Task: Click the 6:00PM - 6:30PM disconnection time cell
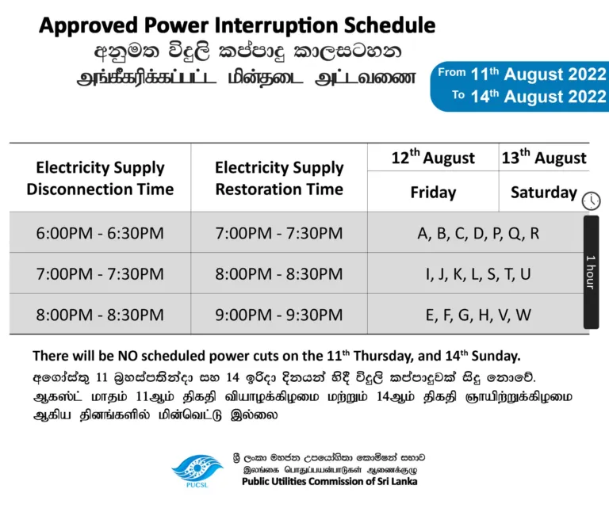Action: coord(100,233)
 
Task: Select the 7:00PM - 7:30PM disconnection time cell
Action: coord(100,274)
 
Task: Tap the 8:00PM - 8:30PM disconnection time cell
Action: coord(100,315)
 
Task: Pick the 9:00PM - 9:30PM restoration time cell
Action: coord(279,315)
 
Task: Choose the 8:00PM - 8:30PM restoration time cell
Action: coord(279,274)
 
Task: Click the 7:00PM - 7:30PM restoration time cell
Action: coord(279,233)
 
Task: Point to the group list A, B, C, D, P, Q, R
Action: coord(478,233)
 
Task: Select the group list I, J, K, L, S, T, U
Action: coord(478,274)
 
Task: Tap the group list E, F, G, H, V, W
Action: coord(478,315)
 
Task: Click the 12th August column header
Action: coord(433,157)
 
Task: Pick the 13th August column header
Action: coord(544,157)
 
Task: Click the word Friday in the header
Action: coord(433,193)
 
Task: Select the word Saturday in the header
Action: coord(544,193)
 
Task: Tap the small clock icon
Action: coord(591,201)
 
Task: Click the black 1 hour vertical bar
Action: coord(591,272)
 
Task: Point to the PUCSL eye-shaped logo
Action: coord(197,471)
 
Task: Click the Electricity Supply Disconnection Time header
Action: coord(100,178)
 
